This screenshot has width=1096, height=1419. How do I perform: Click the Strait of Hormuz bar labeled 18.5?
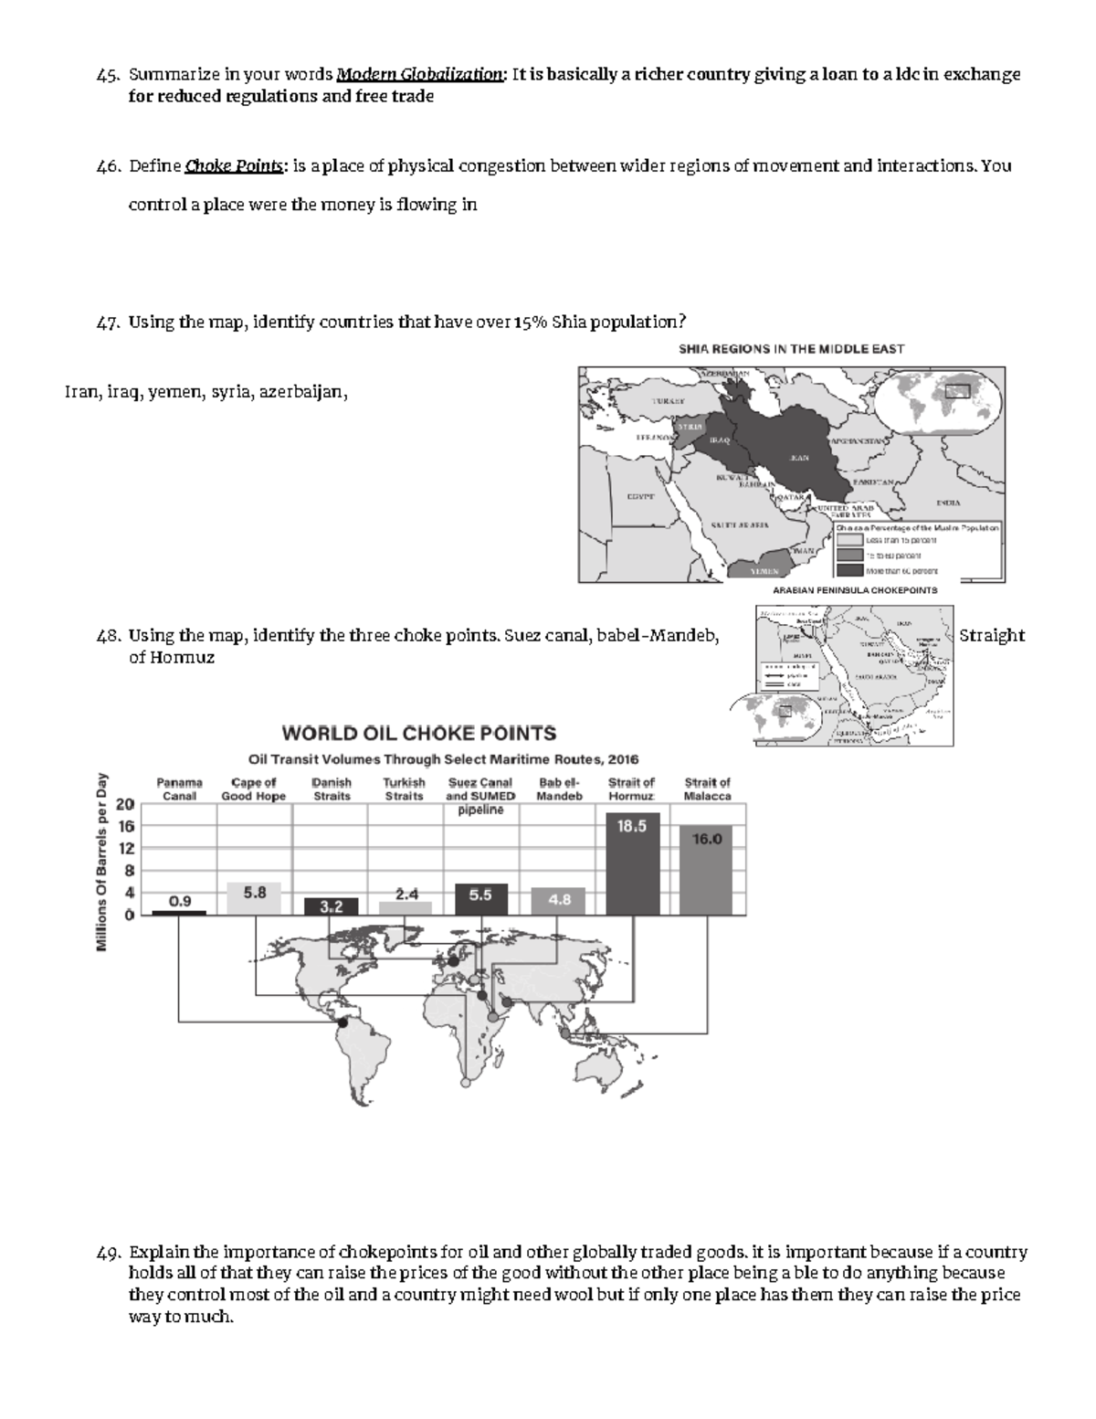[x=632, y=863]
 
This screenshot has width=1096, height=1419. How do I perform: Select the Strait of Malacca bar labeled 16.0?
[x=707, y=869]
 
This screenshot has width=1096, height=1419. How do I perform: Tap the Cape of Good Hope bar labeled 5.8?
[x=254, y=899]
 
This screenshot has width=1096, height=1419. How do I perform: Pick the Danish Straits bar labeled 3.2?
[x=331, y=905]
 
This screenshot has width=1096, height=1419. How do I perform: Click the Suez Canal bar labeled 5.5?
[x=480, y=899]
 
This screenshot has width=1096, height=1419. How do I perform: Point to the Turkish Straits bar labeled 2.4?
[x=406, y=907]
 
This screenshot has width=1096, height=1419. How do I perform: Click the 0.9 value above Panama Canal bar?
[x=179, y=901]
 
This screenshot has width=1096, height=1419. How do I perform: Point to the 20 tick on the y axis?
[x=124, y=805]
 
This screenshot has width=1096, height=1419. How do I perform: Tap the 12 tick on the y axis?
[x=124, y=849]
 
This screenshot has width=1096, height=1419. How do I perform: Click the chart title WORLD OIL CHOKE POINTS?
[x=418, y=734]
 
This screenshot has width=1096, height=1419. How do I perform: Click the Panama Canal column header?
[x=179, y=789]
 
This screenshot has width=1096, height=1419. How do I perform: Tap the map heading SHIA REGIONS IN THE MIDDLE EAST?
[x=790, y=349]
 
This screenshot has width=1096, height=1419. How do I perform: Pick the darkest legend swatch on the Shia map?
[x=849, y=570]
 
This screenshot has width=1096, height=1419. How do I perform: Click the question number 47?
[x=107, y=323]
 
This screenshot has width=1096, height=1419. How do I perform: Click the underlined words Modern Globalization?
[x=419, y=75]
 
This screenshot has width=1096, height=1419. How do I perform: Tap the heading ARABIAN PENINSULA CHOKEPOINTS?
[x=855, y=590]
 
